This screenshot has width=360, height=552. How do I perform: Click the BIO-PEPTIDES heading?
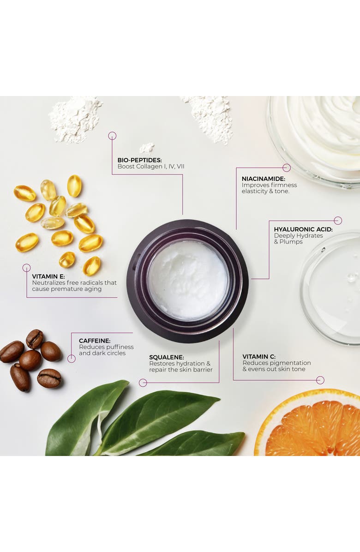140,160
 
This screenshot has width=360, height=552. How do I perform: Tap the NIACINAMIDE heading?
263,179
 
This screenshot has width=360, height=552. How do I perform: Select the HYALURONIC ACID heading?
303,229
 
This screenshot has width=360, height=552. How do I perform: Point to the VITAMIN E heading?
48,277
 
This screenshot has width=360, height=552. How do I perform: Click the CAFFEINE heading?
95,341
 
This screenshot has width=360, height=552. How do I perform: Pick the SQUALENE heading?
167,357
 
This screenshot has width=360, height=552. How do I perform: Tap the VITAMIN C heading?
259,357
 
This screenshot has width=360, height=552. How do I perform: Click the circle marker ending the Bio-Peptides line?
112,136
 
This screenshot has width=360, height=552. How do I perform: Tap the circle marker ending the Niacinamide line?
287,168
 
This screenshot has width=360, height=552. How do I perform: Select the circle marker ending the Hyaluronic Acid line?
338,220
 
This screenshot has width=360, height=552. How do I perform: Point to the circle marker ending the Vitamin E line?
26,268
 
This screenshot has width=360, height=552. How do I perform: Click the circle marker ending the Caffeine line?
72,358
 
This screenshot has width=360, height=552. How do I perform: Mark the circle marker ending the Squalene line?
143,383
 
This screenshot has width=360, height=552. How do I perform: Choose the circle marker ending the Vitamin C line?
320,380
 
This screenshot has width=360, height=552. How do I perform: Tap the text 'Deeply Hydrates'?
299,236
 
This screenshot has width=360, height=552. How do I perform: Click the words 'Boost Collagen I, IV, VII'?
151,167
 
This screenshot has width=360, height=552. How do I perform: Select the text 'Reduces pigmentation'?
276,363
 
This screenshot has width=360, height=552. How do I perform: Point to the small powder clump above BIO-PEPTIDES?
147,148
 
